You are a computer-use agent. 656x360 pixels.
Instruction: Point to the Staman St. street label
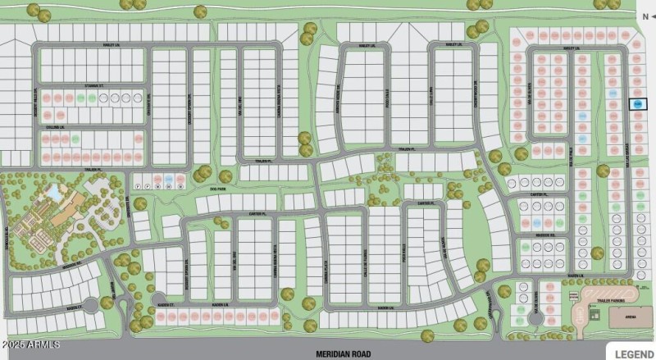pos(95,85)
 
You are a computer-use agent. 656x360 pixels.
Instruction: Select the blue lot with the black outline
pos(637,104)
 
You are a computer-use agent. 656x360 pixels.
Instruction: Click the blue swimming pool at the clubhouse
pos(54,191)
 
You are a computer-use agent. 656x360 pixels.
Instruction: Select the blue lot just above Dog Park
pos(168,178)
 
